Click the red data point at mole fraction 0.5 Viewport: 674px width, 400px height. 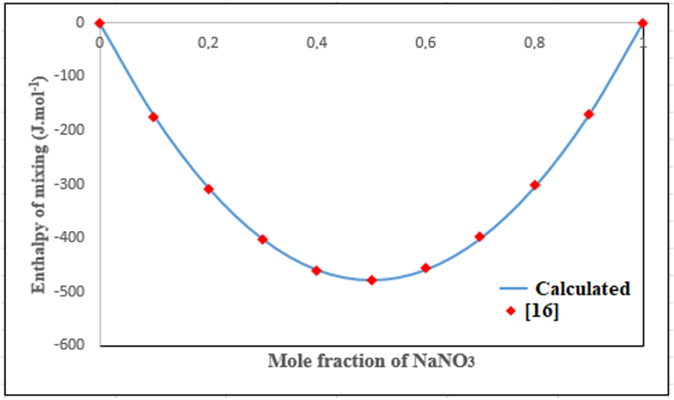(x=372, y=280)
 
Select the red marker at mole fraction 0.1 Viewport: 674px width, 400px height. (x=153, y=117)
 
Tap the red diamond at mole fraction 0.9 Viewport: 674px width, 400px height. (x=589, y=114)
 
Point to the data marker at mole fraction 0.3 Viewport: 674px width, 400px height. (x=263, y=240)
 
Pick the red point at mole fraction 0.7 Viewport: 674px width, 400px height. (x=480, y=237)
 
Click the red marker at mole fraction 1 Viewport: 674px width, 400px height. (x=643, y=23)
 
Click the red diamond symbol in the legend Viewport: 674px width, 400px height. (x=511, y=312)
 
